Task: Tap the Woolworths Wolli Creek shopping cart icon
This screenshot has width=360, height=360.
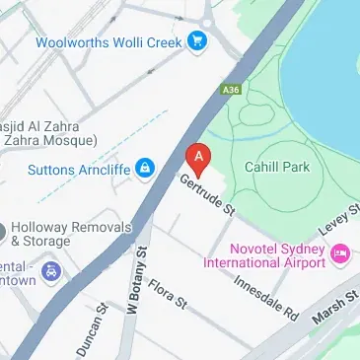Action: [x=199, y=41]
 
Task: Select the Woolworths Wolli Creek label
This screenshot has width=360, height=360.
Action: [x=110, y=42]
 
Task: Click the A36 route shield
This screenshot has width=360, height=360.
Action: [x=232, y=90]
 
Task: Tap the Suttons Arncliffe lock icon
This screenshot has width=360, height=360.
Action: [x=145, y=167]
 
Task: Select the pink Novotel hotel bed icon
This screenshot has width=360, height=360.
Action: [x=340, y=254]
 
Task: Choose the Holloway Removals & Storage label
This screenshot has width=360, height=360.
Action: [x=69, y=233]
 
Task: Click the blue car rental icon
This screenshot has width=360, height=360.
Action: [x=51, y=271]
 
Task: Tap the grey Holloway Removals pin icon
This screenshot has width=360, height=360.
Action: [x=2, y=233]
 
